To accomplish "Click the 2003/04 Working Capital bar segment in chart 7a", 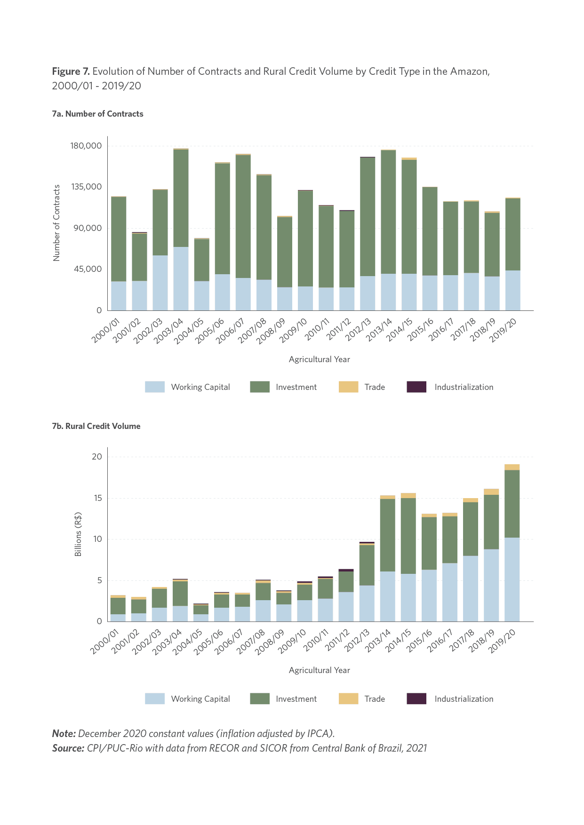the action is [x=181, y=278].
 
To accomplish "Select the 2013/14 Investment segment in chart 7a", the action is [x=388, y=212].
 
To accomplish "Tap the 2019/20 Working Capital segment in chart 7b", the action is [x=512, y=579].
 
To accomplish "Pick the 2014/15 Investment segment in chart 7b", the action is [x=408, y=536].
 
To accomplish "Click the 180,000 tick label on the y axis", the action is [x=86, y=146].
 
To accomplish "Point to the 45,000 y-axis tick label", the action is [x=88, y=269].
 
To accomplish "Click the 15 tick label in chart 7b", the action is [x=97, y=498].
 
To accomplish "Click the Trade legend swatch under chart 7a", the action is [x=348, y=387].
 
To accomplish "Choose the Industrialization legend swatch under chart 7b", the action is [x=416, y=698].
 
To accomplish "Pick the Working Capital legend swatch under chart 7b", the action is [x=155, y=698].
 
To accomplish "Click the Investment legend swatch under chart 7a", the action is [x=260, y=387].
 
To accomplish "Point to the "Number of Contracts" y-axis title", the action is [x=56, y=223].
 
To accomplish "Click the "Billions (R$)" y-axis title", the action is [x=78, y=534].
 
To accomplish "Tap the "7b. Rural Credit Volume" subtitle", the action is [x=96, y=426].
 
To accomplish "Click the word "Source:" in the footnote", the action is [x=68, y=748].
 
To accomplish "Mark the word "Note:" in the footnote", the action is [x=64, y=733].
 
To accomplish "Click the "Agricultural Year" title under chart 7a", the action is [x=320, y=359].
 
